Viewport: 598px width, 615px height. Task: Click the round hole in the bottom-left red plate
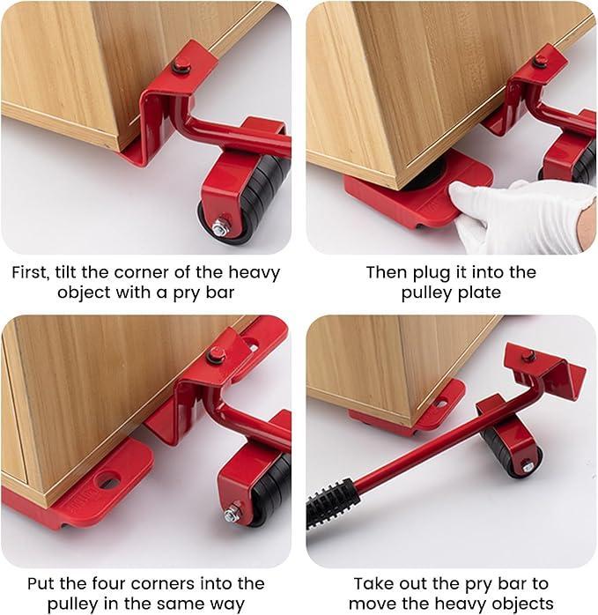(x=107, y=481)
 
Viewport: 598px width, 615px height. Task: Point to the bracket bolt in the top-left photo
(x=182, y=64)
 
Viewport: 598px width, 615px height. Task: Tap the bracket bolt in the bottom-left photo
(x=216, y=354)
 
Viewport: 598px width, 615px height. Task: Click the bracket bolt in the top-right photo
(x=539, y=61)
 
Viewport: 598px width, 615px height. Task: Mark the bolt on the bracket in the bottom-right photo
(x=528, y=356)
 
